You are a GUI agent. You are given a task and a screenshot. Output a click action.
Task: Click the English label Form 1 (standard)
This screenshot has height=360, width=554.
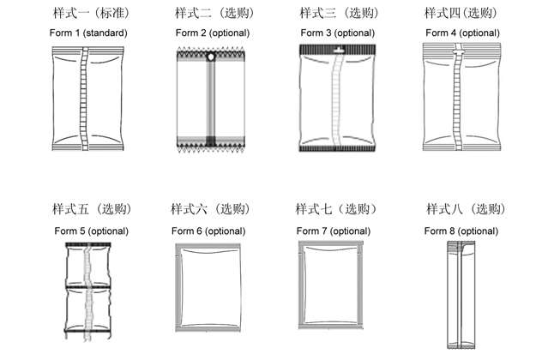coord(88,33)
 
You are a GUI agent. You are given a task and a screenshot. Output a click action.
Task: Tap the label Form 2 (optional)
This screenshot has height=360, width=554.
coord(213,33)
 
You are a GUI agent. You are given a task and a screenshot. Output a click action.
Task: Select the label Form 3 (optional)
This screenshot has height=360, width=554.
coord(337,33)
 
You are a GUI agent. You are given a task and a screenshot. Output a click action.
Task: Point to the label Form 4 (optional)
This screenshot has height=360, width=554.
coord(462,33)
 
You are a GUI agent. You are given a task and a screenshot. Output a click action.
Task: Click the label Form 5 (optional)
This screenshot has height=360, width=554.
coord(91,231)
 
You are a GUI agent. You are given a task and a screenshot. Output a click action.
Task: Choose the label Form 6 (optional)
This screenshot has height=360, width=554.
coord(208,231)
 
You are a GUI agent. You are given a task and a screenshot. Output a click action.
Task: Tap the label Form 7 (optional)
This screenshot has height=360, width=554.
coord(334,231)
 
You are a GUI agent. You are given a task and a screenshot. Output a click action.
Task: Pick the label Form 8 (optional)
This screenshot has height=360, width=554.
coord(461,231)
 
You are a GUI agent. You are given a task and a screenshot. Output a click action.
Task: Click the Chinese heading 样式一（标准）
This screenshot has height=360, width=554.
coord(91,13)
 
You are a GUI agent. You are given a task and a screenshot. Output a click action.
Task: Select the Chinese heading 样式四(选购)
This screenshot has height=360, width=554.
coord(461,13)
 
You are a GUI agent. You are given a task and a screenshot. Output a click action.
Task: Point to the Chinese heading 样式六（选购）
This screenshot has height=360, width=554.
coord(210,209)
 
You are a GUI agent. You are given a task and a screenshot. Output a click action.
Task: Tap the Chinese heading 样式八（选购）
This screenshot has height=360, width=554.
coord(466,209)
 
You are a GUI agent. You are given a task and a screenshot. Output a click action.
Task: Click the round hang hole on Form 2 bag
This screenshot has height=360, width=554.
coord(211,57)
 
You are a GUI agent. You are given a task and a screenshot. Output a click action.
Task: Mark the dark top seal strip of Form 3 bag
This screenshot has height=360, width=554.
coord(337,49)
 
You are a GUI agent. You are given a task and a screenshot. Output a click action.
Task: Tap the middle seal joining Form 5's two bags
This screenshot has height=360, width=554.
coord(88,286)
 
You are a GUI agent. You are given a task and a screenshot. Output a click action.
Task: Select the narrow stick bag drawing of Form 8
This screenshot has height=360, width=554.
coord(461,295)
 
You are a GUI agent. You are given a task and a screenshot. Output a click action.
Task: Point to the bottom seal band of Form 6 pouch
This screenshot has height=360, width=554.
coord(208,329)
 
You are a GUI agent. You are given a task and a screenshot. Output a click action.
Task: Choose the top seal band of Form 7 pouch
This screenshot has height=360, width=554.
coord(331,243)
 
